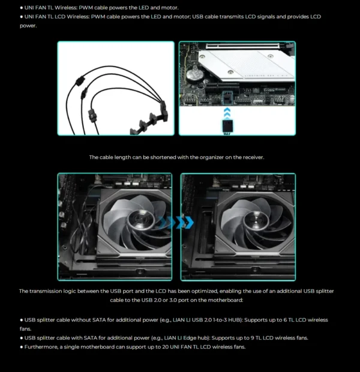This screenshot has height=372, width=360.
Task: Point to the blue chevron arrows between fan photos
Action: pos(179,223)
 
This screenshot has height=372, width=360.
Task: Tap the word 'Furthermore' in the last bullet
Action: pos(40,347)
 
